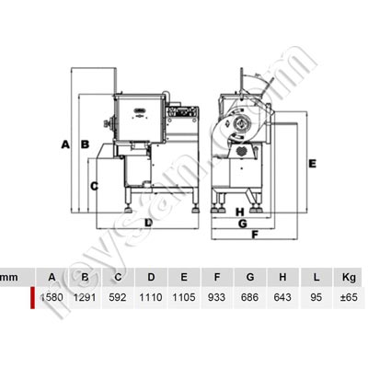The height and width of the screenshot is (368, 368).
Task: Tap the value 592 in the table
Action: [117, 298]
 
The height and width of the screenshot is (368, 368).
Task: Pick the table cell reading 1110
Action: [150, 298]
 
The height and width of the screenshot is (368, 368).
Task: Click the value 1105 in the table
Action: [184, 298]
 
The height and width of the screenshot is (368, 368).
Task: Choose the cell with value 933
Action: [217, 298]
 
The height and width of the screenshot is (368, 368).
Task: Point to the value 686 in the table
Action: [250, 298]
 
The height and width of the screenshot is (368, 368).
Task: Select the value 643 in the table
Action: [283, 298]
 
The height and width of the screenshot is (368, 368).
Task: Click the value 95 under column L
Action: [316, 298]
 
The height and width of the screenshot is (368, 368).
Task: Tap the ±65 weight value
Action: [348, 298]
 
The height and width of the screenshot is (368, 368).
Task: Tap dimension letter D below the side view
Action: [147, 222]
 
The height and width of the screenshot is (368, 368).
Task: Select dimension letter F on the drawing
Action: [253, 234]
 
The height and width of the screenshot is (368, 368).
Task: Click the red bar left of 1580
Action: [34, 298]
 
